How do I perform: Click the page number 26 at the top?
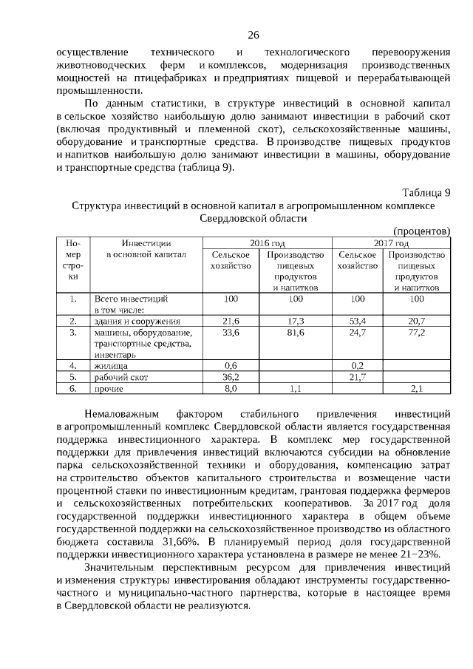tap(253, 35)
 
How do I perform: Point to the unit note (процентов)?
tap(422, 231)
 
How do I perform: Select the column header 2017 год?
tap(391, 242)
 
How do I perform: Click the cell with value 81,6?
tap(296, 333)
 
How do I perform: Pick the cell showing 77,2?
tap(417, 333)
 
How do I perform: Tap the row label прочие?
tap(109, 387)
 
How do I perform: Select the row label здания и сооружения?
tap(137, 321)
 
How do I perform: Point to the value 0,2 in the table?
tap(358, 365)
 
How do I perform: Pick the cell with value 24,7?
tap(358, 333)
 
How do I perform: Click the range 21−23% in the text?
tap(420, 554)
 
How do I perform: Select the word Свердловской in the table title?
tap(234, 219)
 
